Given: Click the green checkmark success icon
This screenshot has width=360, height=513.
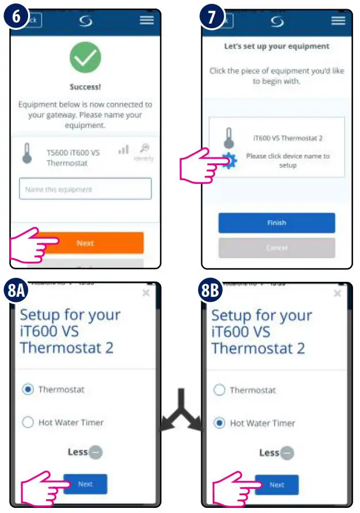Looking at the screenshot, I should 85,58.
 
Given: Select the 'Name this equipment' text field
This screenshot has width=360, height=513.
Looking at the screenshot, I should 85,189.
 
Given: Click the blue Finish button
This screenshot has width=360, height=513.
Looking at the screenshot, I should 277,223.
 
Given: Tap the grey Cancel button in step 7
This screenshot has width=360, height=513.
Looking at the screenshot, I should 277,248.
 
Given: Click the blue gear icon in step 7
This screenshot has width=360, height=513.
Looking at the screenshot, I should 229,162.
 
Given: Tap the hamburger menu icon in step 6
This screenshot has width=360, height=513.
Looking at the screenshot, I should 147,20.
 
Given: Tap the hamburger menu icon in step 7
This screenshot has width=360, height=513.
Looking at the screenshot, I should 338,20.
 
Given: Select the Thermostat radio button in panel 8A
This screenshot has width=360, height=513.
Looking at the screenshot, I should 28,389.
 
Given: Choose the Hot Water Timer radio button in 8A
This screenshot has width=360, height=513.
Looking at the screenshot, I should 28,423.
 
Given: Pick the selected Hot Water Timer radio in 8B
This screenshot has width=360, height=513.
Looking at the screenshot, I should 219,423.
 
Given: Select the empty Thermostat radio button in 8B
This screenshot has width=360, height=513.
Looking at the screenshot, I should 219,390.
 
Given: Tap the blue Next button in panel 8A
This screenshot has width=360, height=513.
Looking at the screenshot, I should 85,484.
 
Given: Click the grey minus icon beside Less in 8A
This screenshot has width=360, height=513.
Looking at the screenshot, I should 95,452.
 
